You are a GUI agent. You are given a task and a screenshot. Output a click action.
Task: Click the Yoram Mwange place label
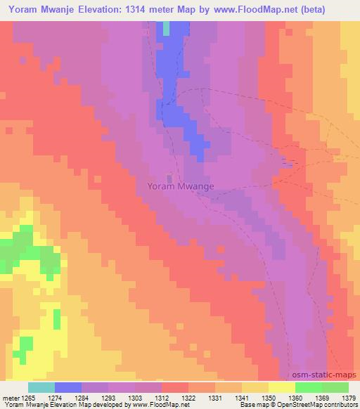pos(181,186)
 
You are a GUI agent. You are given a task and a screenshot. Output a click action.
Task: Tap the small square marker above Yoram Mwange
pos(169,176)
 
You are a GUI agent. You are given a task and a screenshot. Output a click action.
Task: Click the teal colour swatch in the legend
pos(41,387)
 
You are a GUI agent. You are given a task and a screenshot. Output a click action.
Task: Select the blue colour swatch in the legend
pos(68,387)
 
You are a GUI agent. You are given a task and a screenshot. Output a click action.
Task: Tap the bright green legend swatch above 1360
pos(308,387)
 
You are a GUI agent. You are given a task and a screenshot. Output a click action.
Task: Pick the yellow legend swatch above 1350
pos(281,387)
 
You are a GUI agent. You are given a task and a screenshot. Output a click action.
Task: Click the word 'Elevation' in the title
pos(105,9)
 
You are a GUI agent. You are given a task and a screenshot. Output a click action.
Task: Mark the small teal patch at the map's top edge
pos(167,28)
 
